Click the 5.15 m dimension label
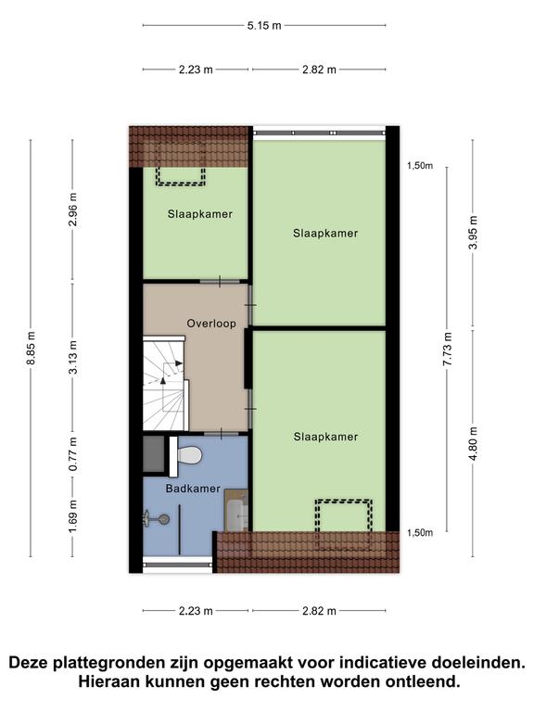click(264, 25)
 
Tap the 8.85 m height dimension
click(31, 348)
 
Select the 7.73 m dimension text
click(448, 350)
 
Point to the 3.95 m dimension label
click(473, 233)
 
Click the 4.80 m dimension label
click(473, 444)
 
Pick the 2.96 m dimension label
click(73, 210)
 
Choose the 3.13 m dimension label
click(73, 357)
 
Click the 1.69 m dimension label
click(73, 517)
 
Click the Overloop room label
click(211, 324)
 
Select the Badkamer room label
click(193, 489)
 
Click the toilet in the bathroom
click(186, 456)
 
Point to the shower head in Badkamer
click(157, 519)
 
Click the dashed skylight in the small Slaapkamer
click(181, 176)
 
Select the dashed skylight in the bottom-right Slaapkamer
click(344, 525)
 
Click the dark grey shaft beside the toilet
click(154, 454)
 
